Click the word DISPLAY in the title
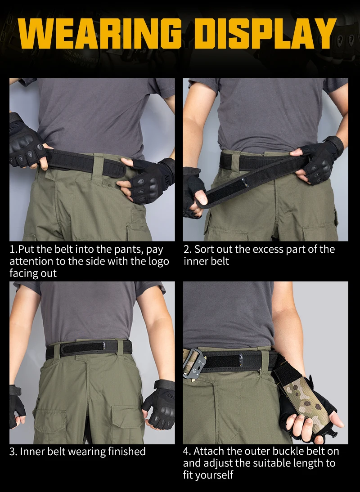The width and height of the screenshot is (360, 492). coord(268,34)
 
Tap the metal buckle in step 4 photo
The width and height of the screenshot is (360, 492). coord(194,363)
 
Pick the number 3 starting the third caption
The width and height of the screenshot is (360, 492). coord(13,452)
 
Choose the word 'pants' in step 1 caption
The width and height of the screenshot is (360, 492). coord(130,250)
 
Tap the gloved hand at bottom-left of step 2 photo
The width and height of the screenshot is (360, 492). coord(193,193)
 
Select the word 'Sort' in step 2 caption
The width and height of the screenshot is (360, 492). coord(203,249)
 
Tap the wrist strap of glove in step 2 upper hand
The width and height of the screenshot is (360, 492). coord(335,145)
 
